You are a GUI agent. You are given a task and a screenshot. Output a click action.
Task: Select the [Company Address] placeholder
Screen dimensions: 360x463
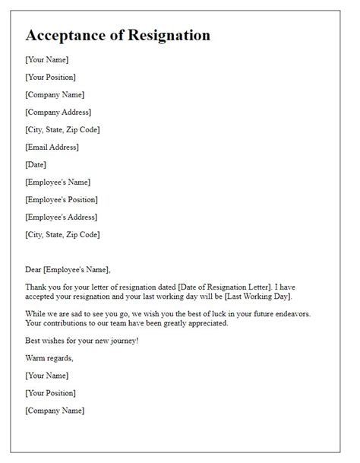(58, 112)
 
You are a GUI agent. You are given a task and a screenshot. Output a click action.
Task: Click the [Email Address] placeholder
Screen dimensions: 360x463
(52, 147)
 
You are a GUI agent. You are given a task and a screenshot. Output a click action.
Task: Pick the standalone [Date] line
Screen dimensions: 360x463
(36, 164)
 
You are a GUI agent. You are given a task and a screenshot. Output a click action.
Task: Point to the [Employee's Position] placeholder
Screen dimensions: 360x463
(62, 199)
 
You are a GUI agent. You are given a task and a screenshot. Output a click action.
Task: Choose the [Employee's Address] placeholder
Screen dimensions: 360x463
(60, 217)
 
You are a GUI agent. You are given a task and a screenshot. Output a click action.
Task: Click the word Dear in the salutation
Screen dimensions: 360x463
(34, 269)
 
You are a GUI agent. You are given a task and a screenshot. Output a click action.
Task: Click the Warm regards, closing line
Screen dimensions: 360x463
(49, 358)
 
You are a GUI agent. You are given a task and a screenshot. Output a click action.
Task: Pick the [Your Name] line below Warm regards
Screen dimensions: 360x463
(46, 376)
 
